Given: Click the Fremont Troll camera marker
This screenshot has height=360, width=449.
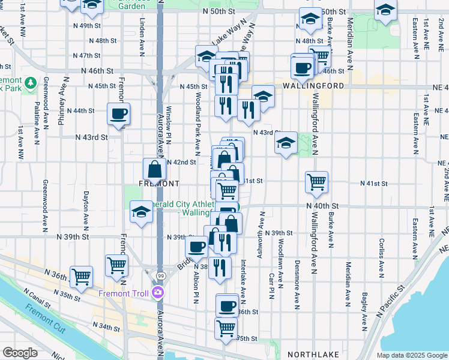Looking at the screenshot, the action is coord(158,293).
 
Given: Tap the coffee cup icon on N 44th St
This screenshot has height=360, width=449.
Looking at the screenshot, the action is coord(118,113).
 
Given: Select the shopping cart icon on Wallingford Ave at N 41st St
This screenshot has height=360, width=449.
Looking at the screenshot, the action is coord(316,181).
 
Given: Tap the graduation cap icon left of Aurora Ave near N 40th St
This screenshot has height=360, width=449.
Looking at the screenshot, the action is coord(141,212).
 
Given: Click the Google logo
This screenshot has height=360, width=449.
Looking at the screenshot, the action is coord(20,353).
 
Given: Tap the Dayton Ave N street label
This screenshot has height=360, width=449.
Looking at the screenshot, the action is coord(86,204).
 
